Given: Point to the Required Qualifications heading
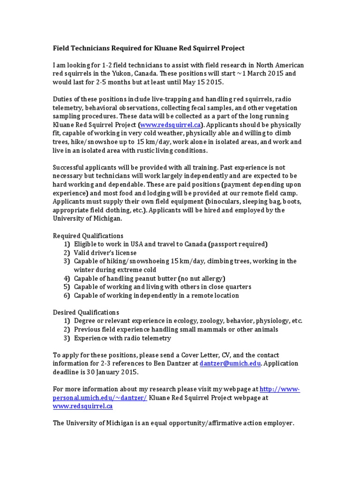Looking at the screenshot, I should point(88,235).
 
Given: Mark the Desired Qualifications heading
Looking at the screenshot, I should point(86,312).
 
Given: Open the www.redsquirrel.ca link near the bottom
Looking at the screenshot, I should point(82,406).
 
